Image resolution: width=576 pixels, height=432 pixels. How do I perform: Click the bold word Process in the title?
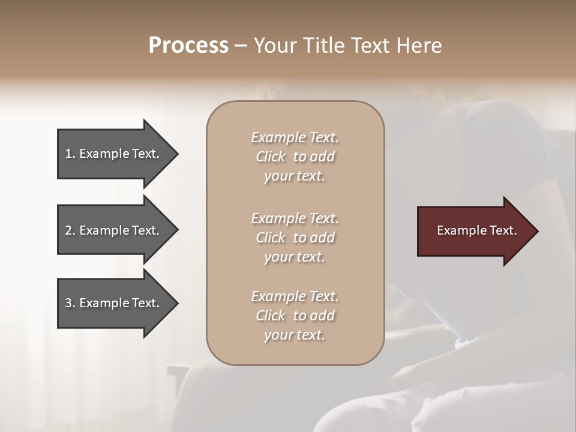tap(188, 46)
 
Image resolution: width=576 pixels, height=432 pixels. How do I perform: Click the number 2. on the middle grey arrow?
tap(70, 230)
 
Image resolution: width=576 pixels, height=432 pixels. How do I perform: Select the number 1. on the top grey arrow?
tap(70, 154)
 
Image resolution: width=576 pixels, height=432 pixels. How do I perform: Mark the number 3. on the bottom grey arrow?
tap(70, 303)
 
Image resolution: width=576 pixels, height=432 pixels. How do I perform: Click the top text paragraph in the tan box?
tap(295, 157)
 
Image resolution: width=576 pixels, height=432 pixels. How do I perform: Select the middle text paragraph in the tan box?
tap(295, 238)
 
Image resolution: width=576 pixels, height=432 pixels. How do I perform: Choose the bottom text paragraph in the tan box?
tap(295, 316)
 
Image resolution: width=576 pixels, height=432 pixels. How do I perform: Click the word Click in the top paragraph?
tap(271, 157)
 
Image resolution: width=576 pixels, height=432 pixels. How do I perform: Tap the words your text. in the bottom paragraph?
tap(295, 335)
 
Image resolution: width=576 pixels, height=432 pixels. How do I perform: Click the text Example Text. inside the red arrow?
tap(476, 230)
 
